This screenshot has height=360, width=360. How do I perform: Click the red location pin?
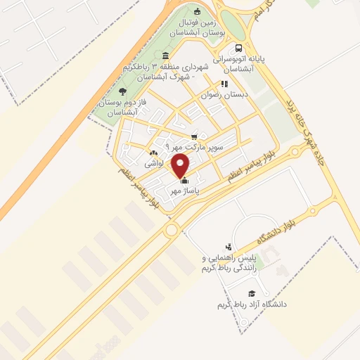pyautogui.click(x=181, y=166)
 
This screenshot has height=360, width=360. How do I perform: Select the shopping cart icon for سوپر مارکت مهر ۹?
pyautogui.click(x=194, y=136)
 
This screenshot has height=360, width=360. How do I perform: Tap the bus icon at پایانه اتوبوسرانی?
pyautogui.click(x=239, y=49)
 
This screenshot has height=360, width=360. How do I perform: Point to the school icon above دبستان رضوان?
pyautogui.click(x=224, y=84)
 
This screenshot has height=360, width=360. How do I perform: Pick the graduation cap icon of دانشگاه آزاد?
pyautogui.click(x=251, y=294)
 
